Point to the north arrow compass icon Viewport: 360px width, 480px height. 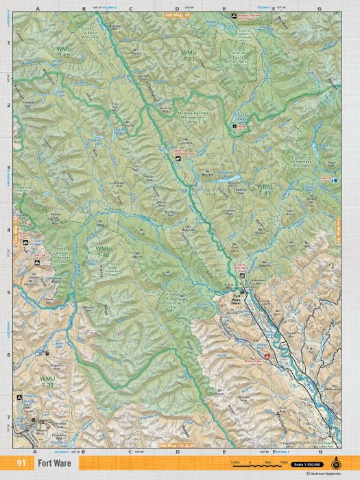click(336, 461)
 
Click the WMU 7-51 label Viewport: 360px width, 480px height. click(187, 56)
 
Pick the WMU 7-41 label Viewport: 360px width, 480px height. click(263, 189)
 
